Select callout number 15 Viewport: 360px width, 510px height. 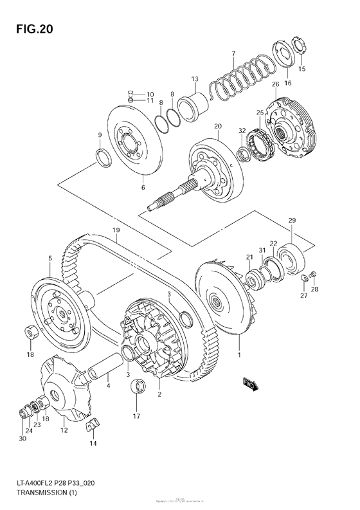(302, 69)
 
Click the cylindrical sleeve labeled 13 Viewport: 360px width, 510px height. (194, 102)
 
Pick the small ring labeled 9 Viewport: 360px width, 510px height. (102, 156)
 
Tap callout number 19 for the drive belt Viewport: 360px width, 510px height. (116, 230)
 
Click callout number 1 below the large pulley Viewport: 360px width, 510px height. (240, 354)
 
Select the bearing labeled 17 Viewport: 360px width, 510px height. (136, 387)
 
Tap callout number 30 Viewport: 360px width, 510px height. (24, 439)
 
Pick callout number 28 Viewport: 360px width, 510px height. (315, 289)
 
